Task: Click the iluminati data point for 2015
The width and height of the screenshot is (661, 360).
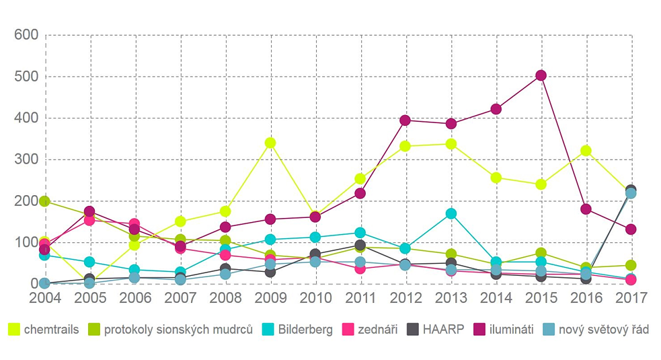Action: tap(541, 75)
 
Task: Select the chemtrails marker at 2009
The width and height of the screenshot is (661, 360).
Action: tap(270, 143)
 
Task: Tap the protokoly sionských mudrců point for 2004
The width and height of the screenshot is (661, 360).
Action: tap(44, 201)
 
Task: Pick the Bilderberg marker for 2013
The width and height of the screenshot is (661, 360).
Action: tap(451, 214)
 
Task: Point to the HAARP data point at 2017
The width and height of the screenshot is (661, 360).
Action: tap(631, 190)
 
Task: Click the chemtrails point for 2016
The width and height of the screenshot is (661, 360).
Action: tap(586, 151)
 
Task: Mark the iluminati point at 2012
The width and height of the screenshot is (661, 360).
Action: tap(405, 120)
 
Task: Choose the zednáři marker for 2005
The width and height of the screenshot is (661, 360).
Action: tap(89, 219)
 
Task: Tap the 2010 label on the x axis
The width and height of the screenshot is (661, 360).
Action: tap(315, 297)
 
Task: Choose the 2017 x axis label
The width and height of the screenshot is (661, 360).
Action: tap(631, 297)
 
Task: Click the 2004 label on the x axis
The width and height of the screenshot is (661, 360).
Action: tap(45, 297)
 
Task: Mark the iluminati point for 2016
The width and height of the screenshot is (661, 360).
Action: tap(586, 209)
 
